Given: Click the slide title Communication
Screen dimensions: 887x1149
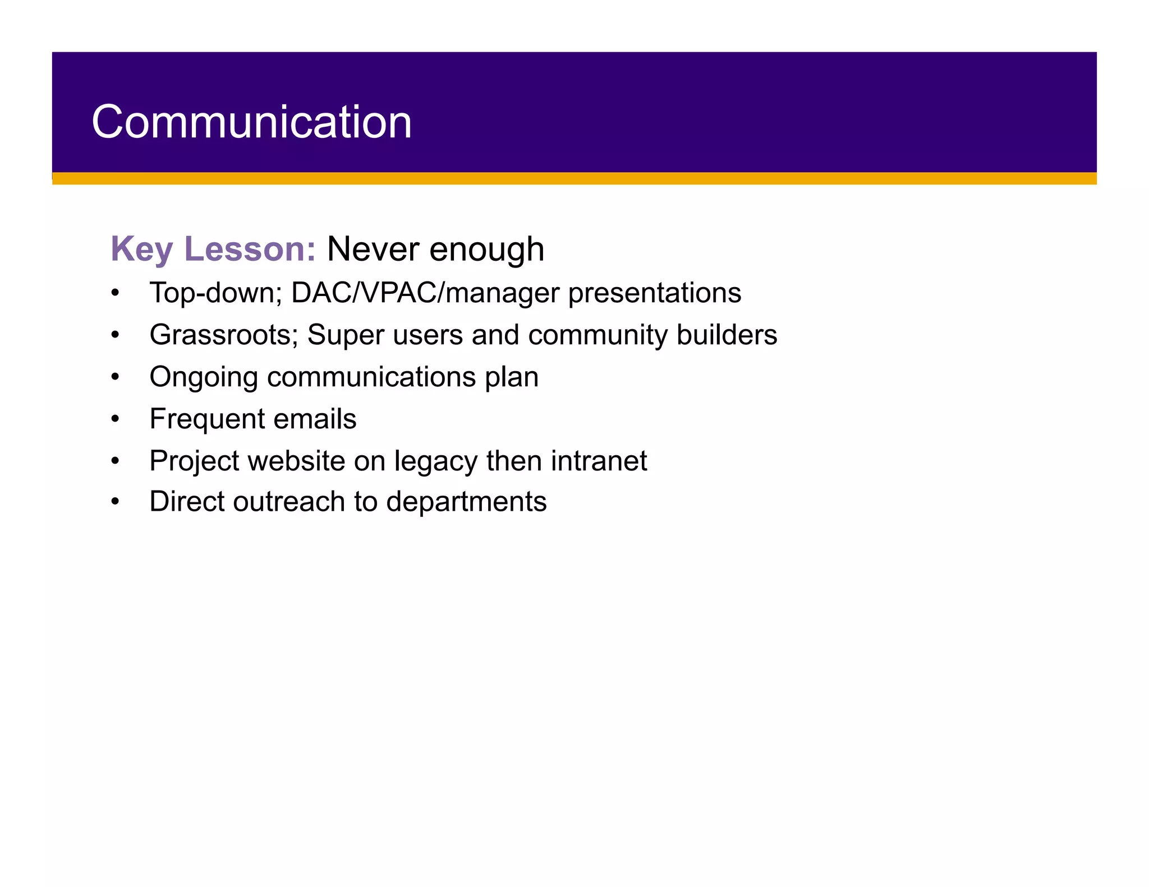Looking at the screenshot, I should click(251, 122).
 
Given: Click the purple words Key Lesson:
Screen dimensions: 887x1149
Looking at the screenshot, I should click(213, 248).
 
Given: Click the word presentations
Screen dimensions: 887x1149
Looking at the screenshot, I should click(654, 293).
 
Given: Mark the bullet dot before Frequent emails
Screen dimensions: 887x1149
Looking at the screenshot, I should click(115, 419).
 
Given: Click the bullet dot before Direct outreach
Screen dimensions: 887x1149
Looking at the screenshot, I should click(115, 501).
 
